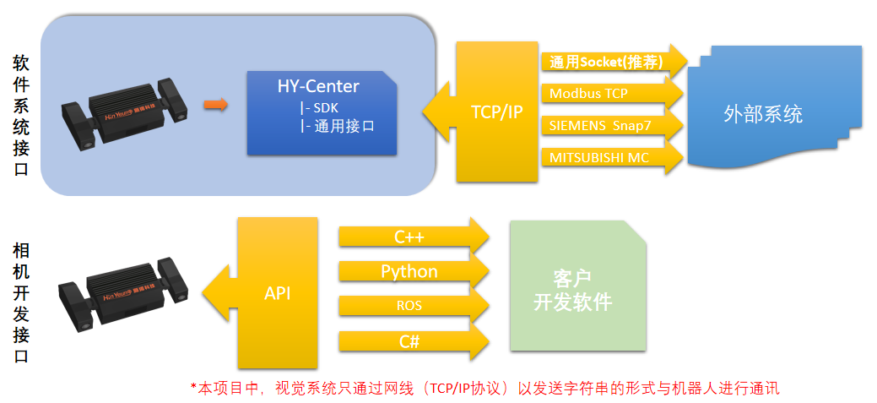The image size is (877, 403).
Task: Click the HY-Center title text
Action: [x=318, y=86]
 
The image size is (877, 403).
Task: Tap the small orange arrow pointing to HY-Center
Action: [x=216, y=104]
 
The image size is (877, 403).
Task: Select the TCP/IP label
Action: [x=497, y=112]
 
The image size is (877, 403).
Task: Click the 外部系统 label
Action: [x=763, y=114]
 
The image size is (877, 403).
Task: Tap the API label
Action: [x=278, y=293]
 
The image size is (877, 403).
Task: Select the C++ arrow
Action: [x=412, y=237]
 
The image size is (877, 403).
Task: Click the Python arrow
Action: [x=412, y=272]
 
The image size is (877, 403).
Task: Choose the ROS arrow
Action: [x=412, y=306]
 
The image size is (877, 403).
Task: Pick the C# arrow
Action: [x=412, y=341]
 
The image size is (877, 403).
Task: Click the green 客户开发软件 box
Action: [x=577, y=287]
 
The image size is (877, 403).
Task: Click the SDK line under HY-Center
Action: [x=320, y=107]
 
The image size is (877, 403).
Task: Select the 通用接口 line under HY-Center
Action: [x=336, y=127]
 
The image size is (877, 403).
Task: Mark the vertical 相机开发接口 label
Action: [x=22, y=302]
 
